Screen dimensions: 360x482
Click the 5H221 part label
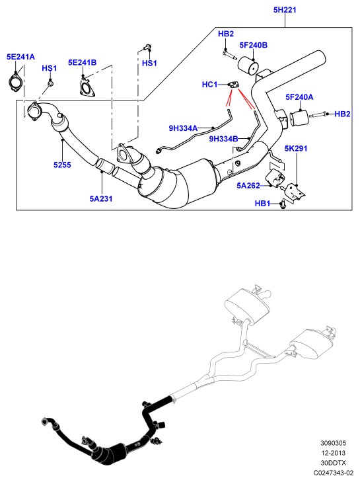285,10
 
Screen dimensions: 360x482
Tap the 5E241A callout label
20,57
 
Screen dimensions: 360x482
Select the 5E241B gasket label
82,62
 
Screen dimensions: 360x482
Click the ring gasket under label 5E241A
15,83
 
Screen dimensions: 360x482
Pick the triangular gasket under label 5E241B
87,88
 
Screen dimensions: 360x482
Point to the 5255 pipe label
62,165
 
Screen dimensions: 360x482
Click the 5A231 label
101,198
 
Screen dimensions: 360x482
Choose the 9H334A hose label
183,128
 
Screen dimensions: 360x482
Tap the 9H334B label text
224,139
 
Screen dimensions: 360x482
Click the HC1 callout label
209,84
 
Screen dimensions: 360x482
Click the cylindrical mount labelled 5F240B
248,65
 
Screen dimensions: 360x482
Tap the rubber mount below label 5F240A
299,118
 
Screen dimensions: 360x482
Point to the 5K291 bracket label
295,149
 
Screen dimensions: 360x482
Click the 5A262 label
248,186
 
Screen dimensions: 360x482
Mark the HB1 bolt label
262,204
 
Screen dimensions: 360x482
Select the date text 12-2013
334,453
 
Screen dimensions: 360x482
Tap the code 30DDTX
334,463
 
